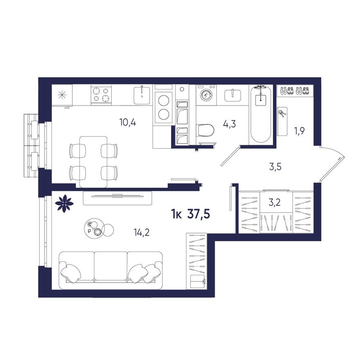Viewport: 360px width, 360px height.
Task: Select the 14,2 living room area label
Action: click(142, 233)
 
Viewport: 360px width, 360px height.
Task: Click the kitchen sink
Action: click(142, 95)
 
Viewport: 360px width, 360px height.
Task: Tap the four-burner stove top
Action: click(101, 94)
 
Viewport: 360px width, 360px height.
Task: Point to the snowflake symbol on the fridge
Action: click(62, 95)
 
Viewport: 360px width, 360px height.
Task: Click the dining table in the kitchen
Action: click(93, 161)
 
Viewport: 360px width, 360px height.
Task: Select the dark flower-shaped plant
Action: click(64, 203)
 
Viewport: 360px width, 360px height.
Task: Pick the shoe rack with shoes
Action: click(295, 90)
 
